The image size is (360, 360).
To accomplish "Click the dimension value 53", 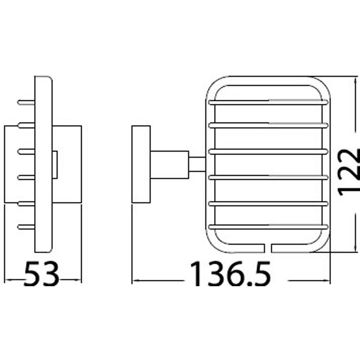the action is (41, 274).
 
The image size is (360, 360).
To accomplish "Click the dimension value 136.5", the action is (230, 274).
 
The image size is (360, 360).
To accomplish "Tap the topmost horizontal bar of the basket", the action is (268, 102).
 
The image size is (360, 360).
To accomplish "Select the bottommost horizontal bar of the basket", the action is (268, 227).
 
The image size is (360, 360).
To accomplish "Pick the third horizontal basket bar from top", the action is (268, 152).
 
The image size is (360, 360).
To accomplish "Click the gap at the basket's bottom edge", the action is (268, 248).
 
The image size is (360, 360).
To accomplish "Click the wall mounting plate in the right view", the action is (141, 164).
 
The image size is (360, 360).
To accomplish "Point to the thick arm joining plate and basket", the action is (170, 165).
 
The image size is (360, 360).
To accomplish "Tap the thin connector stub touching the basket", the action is (197, 164).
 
